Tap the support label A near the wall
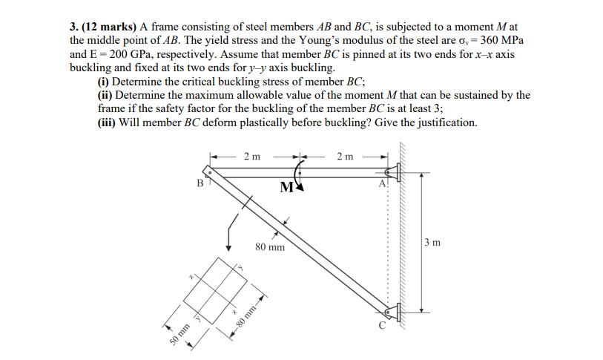(382, 183)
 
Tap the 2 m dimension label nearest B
(251, 156)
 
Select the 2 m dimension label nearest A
(345, 156)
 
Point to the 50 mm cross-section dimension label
(178, 333)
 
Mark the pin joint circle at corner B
(209, 173)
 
